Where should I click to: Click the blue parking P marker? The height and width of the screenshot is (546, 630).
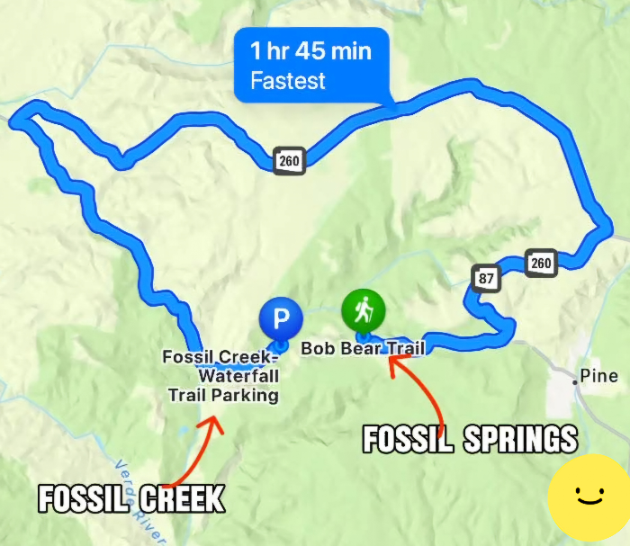[x=282, y=317]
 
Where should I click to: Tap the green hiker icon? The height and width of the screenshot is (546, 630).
[x=363, y=311]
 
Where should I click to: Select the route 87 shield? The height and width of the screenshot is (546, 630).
[x=486, y=279]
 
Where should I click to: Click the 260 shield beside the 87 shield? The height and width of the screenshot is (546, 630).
[x=541, y=264]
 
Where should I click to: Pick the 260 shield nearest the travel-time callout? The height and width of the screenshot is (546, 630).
[x=289, y=161]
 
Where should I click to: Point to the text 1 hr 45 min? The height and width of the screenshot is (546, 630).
[x=310, y=50]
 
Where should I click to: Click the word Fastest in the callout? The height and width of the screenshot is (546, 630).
[x=288, y=81]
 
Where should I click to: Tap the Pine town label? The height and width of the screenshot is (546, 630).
[x=599, y=376]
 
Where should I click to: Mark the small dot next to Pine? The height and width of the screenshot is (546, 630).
[x=575, y=380]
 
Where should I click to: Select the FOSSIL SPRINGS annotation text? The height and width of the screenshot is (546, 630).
[x=469, y=440]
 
